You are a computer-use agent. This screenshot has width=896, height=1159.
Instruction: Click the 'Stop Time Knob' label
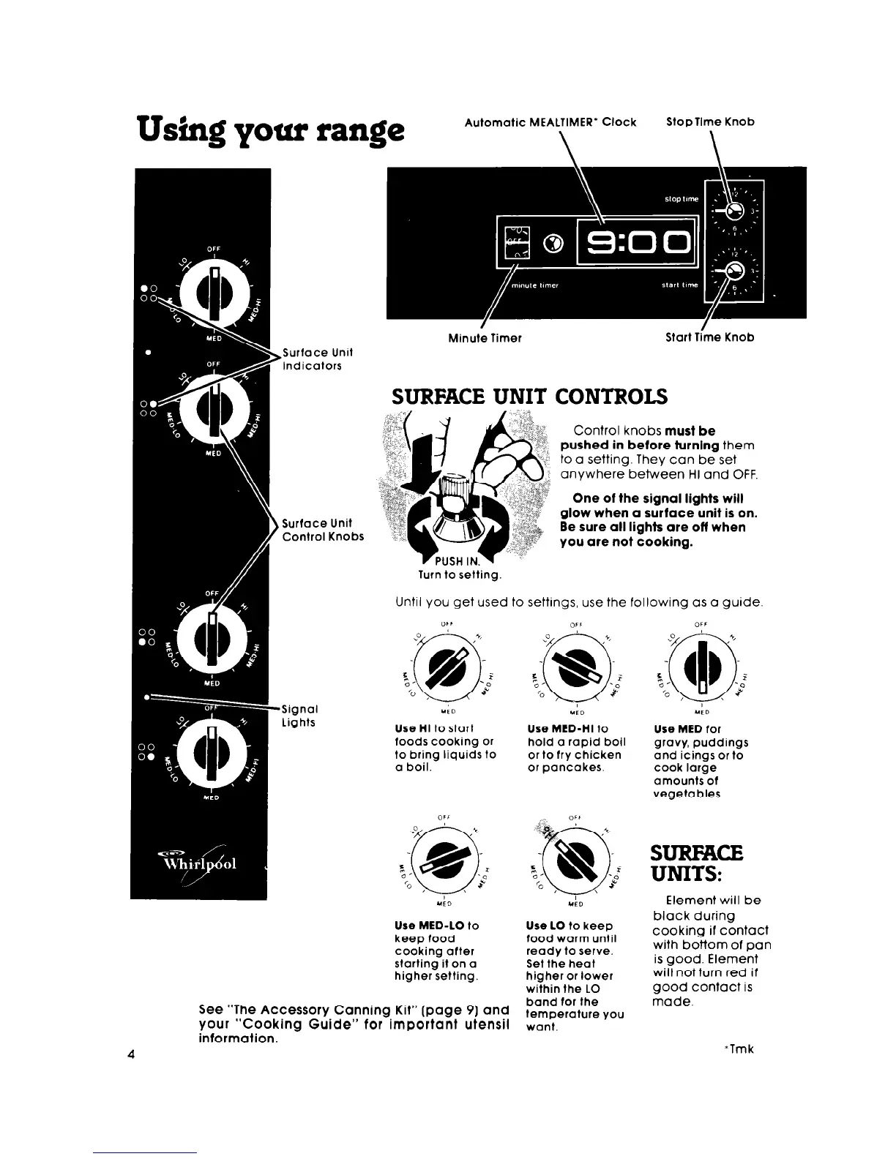709,121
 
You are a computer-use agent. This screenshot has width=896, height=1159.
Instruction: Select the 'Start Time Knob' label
709,337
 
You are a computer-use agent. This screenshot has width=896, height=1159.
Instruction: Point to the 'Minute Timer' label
485,337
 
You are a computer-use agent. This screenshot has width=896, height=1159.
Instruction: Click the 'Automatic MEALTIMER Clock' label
550,121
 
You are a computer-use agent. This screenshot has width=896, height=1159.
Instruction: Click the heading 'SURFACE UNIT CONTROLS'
530,397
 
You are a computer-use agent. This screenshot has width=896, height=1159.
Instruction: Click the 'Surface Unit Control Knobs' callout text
323,529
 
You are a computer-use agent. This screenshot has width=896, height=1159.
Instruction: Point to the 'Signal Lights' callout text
299,716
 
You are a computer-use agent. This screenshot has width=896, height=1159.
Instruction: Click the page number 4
130,1054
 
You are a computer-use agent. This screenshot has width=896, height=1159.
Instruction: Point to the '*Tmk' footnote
738,1049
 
